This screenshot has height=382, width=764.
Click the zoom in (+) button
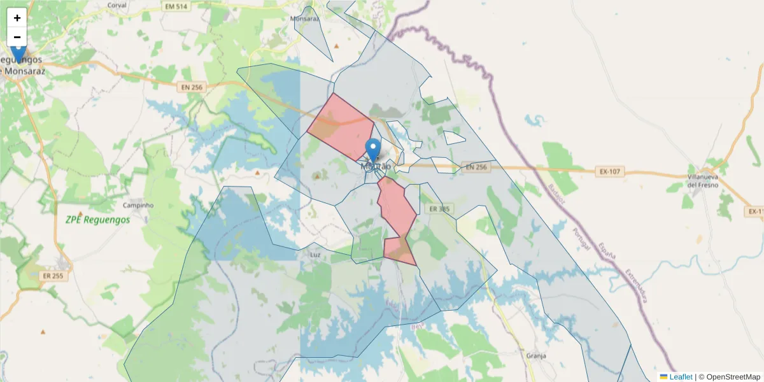[x=17, y=18]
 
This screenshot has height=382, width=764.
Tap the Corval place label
[x=117, y=5]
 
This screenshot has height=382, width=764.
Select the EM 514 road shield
[x=176, y=6]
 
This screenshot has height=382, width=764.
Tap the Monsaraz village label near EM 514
[x=304, y=18]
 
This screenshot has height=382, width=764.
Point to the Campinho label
[x=139, y=206]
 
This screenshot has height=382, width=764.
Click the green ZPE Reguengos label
[x=97, y=220]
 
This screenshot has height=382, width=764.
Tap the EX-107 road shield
[x=612, y=171]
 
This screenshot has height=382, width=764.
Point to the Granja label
[x=537, y=356]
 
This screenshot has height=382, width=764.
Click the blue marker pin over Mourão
[x=374, y=151]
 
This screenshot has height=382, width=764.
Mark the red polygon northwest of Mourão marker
[x=341, y=125]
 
